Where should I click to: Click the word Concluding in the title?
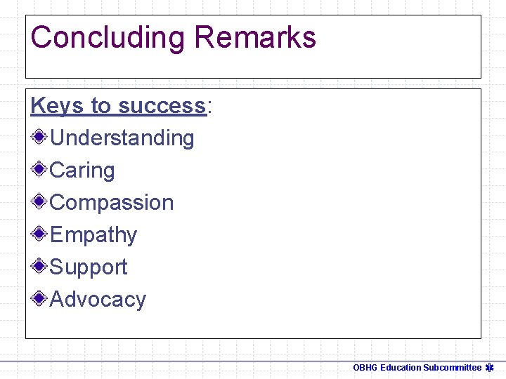click(108, 37)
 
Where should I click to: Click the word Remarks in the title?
click(255, 37)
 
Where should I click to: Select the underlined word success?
click(162, 105)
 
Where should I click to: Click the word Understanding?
click(122, 138)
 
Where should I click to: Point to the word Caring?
click(82, 170)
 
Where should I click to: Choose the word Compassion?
click(112, 202)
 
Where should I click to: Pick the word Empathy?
click(93, 234)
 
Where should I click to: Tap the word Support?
click(89, 267)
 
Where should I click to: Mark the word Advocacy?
click(98, 299)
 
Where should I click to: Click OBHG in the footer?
click(365, 368)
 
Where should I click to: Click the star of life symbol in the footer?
click(490, 367)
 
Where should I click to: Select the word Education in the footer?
click(401, 368)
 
